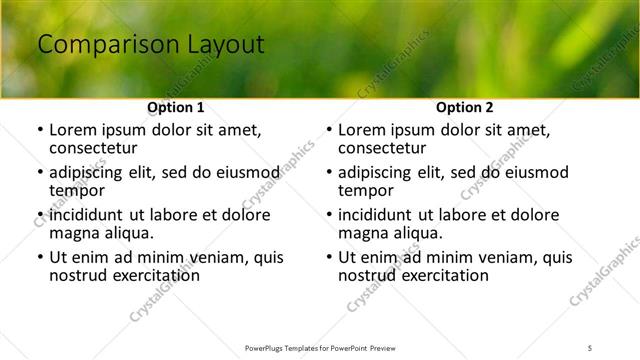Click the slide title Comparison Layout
150,44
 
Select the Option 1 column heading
175,107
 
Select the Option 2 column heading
465,107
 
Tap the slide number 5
590,347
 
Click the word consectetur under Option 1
97,148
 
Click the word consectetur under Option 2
386,148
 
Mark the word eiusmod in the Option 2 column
536,172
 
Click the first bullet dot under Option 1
39,131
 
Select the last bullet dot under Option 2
329,257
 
